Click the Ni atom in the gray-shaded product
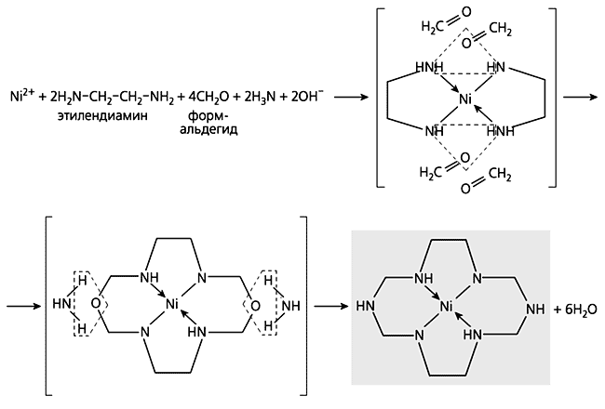[447, 305]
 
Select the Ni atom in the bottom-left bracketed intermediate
[172, 305]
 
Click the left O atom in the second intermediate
[96, 305]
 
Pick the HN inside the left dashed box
[62, 305]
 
